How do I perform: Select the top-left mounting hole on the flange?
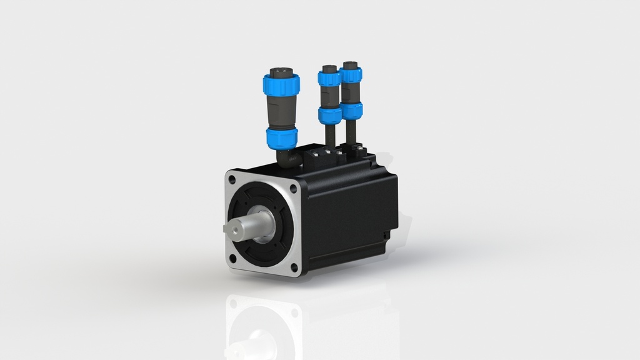[232, 179]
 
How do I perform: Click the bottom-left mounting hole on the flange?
[233, 257]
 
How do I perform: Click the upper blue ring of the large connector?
[281, 85]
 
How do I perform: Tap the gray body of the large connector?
[279, 111]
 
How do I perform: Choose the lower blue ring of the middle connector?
[329, 115]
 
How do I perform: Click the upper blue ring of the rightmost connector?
[351, 76]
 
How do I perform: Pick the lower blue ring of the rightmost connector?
[351, 111]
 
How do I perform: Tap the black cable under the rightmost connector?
[351, 133]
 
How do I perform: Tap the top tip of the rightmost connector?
[349, 64]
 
